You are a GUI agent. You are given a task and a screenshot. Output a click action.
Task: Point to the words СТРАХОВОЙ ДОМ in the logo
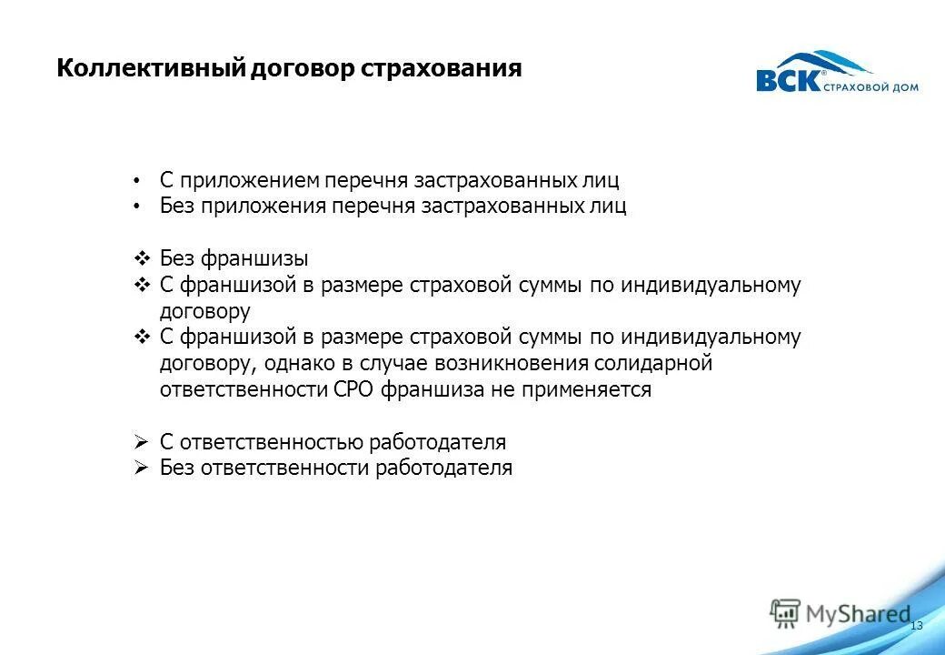870,87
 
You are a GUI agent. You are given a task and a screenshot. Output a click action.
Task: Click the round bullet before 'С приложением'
136,180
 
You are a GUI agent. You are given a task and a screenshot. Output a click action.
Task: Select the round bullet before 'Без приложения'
136,207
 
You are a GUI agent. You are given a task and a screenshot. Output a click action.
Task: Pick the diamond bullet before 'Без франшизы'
142,258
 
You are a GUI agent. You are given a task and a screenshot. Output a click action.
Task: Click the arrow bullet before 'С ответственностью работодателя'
141,442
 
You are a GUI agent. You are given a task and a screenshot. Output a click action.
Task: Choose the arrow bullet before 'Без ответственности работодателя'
141,469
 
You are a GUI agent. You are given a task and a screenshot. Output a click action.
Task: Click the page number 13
916,626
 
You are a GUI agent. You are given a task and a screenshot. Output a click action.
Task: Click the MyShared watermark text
857,614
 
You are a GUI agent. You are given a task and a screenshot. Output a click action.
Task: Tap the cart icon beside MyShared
784,613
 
